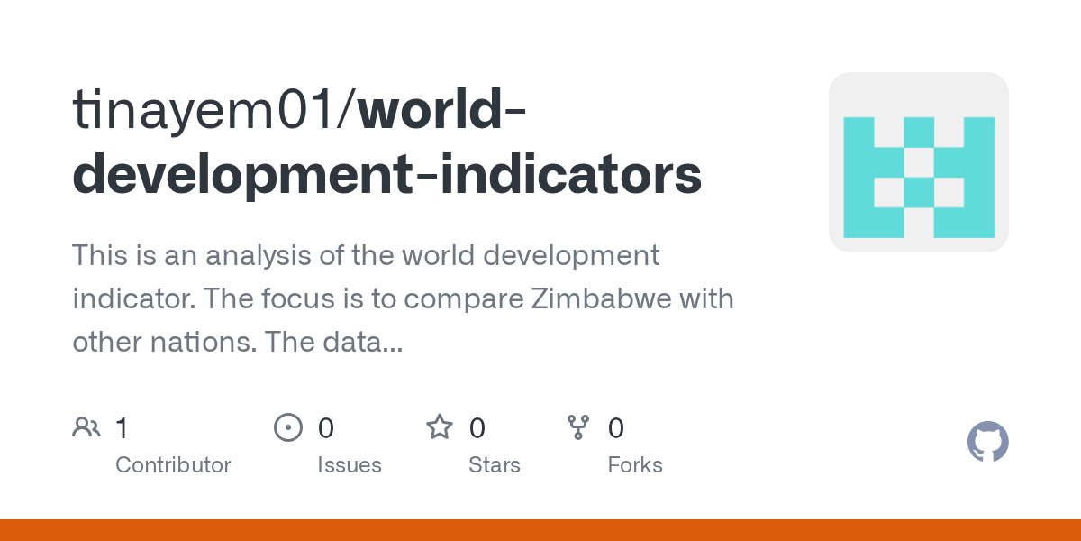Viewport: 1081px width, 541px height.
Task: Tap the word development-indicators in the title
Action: click(x=386, y=175)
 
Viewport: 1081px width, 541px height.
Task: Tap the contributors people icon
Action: click(x=86, y=427)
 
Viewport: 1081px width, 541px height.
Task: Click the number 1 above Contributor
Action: click(x=122, y=427)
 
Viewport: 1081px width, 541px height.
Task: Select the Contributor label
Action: click(x=173, y=465)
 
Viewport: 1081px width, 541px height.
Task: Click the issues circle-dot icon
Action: click(x=288, y=427)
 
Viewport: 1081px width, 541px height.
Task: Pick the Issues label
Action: click(x=350, y=465)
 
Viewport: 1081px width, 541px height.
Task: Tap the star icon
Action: click(x=440, y=427)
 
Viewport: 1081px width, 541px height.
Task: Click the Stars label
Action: click(x=495, y=465)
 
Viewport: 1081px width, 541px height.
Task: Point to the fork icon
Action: click(x=578, y=427)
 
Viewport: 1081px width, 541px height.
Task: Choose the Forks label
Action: click(x=635, y=465)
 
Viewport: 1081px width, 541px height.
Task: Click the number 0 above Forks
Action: click(x=616, y=427)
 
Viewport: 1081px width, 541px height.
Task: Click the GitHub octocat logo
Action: click(x=987, y=443)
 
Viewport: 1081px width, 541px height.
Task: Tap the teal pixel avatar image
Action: click(x=918, y=162)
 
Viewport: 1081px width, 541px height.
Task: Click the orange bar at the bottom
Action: click(x=540, y=530)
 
